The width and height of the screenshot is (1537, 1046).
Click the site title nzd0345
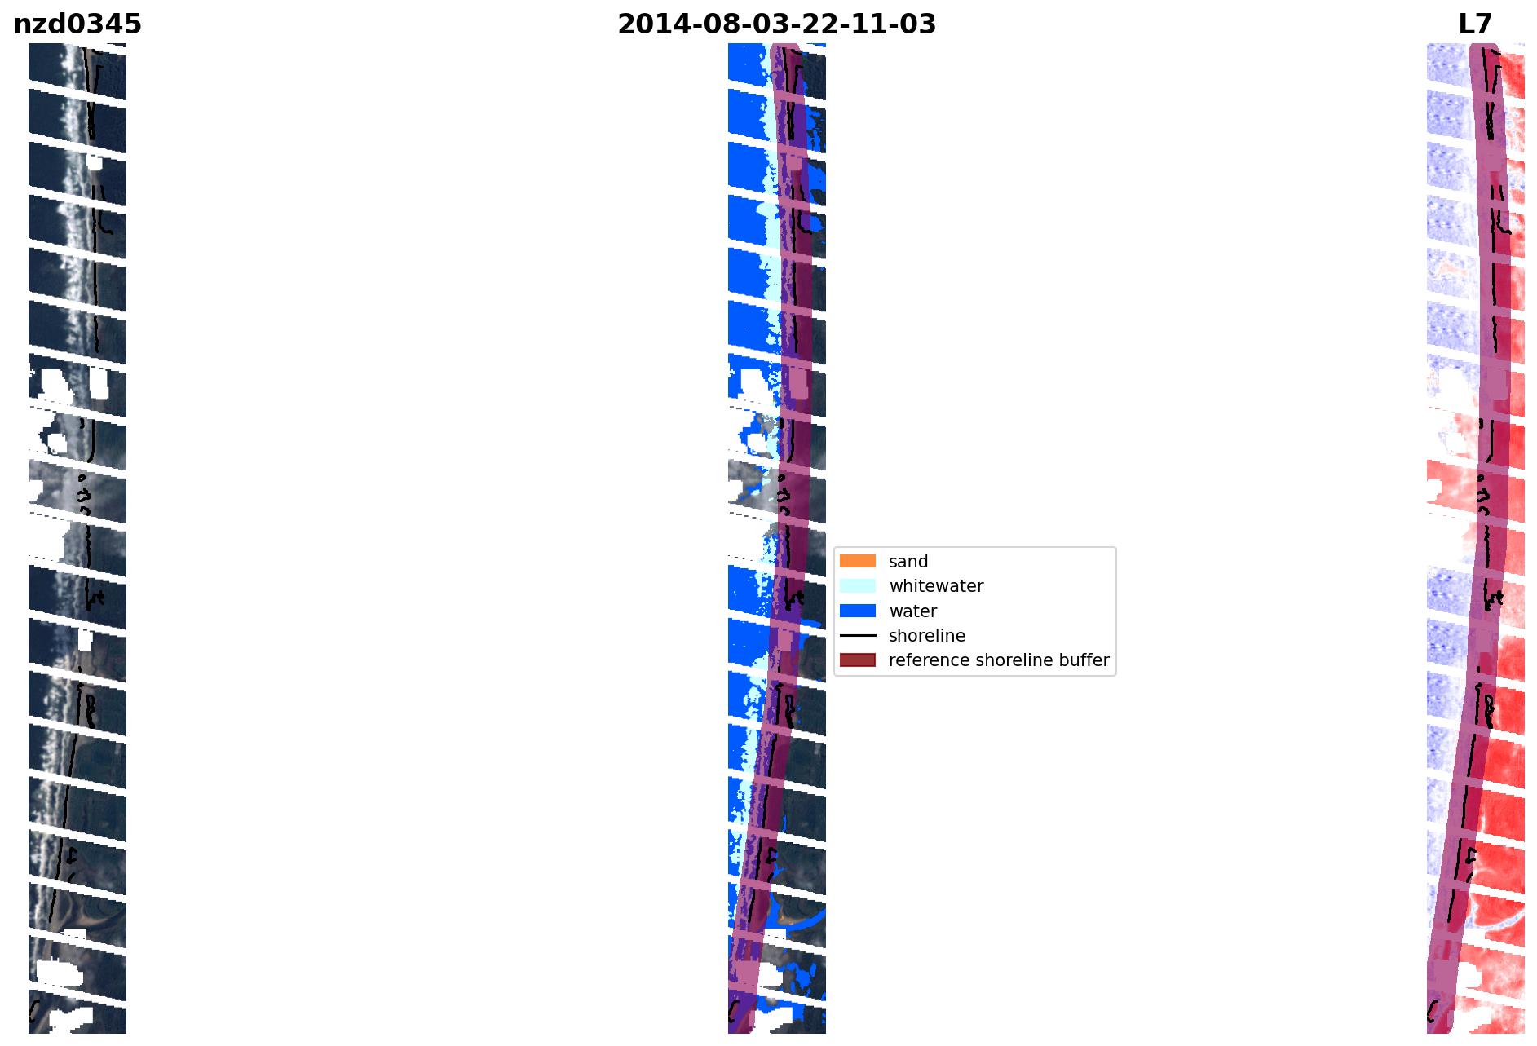(77, 24)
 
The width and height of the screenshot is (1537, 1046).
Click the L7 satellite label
(1475, 24)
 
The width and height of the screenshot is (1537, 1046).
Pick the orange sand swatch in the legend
(858, 561)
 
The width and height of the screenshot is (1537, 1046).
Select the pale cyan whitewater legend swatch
(858, 585)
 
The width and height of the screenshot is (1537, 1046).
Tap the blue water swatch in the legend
(858, 611)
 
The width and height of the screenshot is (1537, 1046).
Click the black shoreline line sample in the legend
(858, 635)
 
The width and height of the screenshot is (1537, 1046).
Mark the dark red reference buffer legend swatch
(858, 660)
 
